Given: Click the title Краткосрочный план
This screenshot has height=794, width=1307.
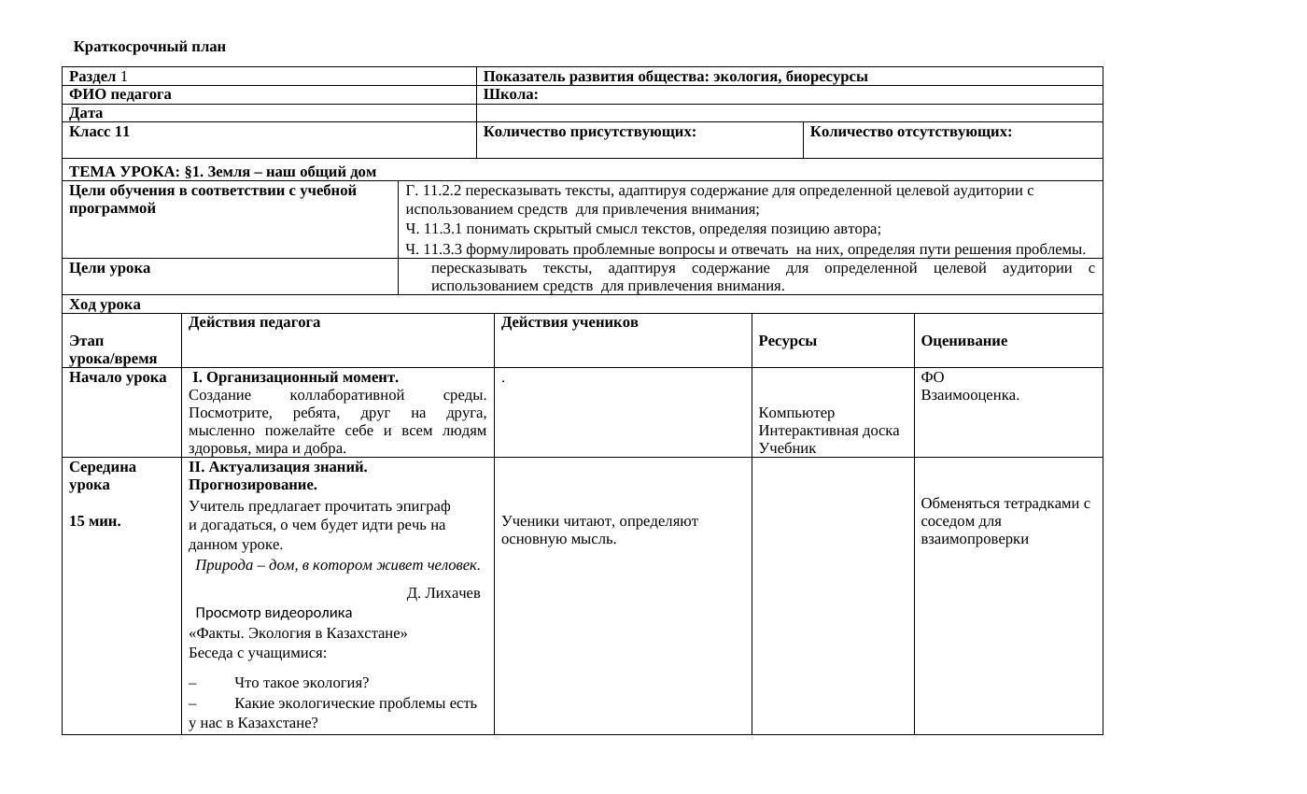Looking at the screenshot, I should click(x=149, y=47).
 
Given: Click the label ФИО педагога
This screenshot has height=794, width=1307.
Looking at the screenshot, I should click(x=120, y=94).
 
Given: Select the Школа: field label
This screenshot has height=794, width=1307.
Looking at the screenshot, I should click(x=511, y=94).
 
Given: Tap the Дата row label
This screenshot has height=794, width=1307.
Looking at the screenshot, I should click(x=86, y=113).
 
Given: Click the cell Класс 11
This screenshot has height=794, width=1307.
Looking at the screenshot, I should click(x=99, y=132).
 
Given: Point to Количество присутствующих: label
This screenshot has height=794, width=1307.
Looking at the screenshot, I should click(x=590, y=132).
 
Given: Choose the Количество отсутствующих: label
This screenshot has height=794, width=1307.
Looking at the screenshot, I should click(x=911, y=132).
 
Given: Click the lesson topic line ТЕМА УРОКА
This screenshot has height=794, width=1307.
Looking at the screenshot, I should click(x=222, y=172).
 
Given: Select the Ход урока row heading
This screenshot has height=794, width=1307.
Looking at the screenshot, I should click(x=105, y=305).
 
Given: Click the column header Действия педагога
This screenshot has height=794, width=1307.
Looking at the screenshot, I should click(x=254, y=322).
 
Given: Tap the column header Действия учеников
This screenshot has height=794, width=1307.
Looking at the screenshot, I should click(x=569, y=322).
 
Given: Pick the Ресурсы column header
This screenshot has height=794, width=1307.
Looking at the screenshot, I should click(x=788, y=341).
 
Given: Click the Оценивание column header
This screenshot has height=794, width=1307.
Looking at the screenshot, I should click(x=963, y=341).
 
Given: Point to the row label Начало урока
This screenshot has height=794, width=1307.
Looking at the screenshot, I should click(x=118, y=377).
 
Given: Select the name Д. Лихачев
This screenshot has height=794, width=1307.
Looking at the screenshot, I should click(x=443, y=593).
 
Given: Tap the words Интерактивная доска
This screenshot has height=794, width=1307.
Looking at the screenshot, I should click(x=829, y=431).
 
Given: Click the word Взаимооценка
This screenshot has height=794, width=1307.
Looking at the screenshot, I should click(x=970, y=395).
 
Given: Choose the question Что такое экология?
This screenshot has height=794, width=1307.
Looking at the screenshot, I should click(x=302, y=683).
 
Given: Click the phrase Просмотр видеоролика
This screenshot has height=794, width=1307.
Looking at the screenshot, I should click(x=274, y=613).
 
